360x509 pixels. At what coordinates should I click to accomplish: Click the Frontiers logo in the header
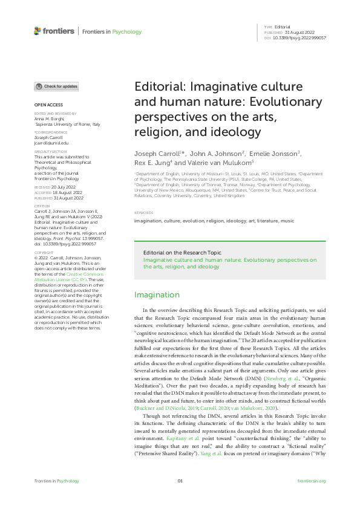[54, 30]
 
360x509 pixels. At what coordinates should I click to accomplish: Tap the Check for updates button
[56, 86]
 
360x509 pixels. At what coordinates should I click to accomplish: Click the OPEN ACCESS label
[46, 105]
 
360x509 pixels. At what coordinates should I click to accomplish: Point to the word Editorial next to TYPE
[283, 27]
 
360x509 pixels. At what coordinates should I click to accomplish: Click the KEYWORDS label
[143, 213]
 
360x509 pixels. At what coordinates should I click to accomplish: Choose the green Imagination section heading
[157, 295]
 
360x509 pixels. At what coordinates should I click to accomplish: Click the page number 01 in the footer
[180, 481]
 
